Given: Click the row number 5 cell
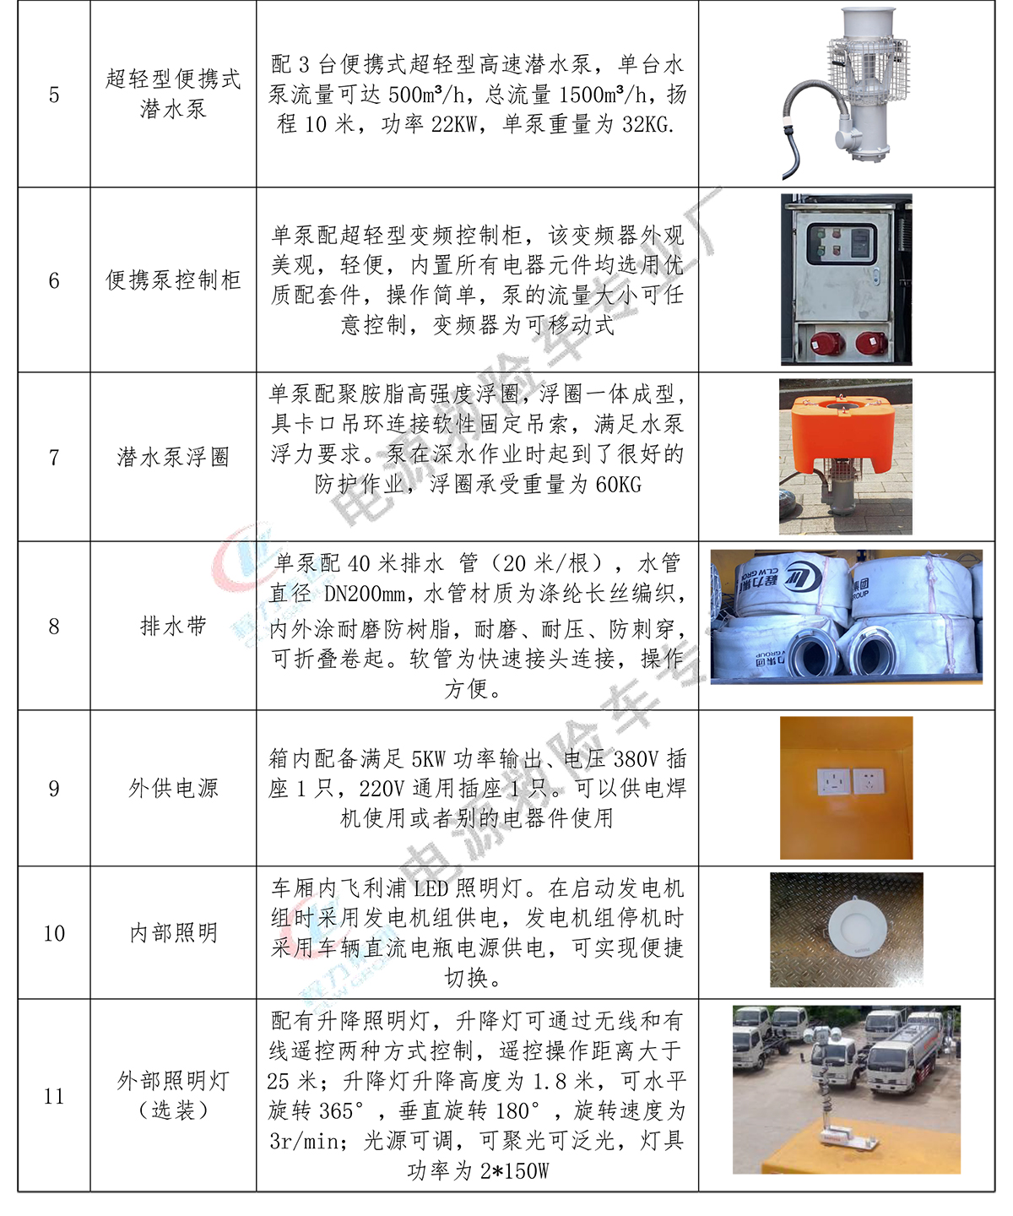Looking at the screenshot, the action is pos(54,95).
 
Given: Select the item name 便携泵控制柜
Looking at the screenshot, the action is pos(173,280).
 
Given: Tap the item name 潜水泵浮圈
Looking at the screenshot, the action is pos(173,457).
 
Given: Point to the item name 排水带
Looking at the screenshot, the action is pos(173,626).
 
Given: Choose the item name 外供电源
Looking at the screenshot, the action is pos(173,789).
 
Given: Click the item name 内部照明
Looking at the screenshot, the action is pos(173,933).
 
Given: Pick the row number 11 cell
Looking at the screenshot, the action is pos(54,1096).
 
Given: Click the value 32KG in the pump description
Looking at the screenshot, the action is pos(647,124).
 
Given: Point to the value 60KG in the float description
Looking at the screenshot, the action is pos(618,485).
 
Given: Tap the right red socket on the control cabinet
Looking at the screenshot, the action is pos(870,345).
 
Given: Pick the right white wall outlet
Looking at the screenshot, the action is pos(869,782).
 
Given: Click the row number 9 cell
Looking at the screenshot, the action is pos(54,788).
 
